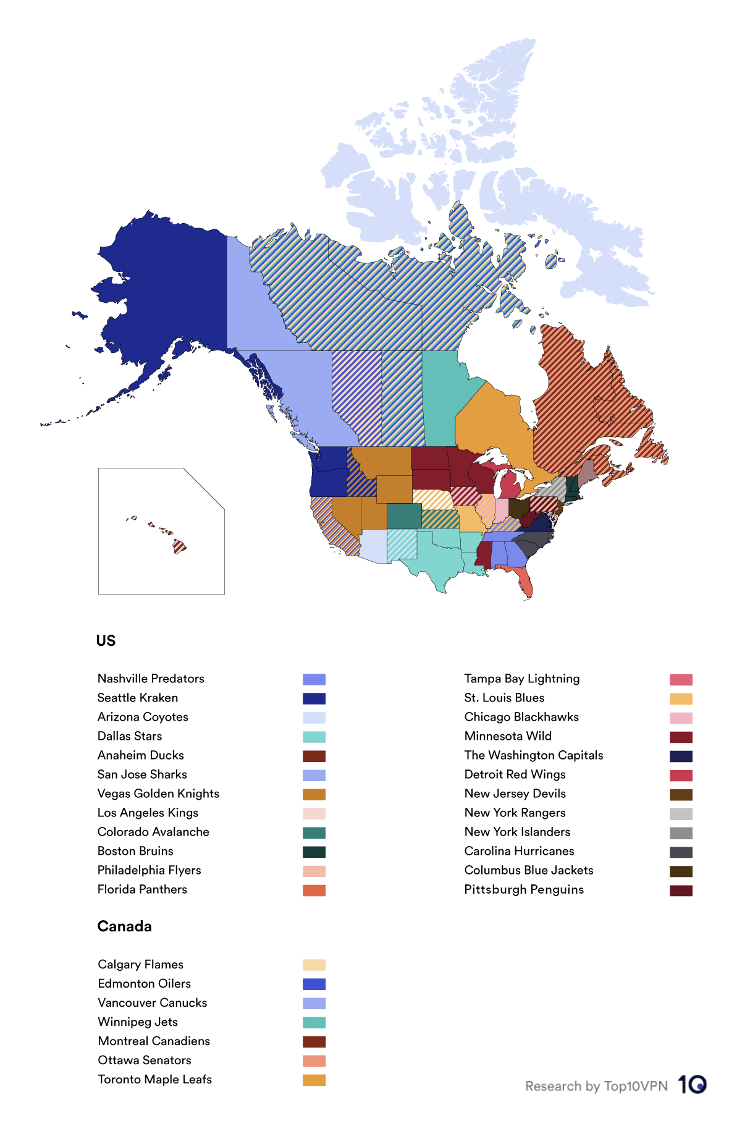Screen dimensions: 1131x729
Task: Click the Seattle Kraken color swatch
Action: (x=314, y=698)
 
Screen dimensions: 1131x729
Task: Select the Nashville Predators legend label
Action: (x=151, y=679)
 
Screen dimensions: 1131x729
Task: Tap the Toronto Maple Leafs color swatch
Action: (x=314, y=1080)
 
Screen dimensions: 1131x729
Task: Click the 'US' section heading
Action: (x=106, y=641)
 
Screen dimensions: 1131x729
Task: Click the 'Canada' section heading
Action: (x=124, y=926)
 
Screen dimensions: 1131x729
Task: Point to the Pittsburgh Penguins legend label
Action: (x=523, y=889)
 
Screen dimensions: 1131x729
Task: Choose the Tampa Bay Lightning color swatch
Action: (x=681, y=680)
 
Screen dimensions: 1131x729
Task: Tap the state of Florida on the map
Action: (x=524, y=581)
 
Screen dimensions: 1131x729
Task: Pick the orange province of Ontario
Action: (x=494, y=426)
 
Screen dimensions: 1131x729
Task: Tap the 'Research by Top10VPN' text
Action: (x=596, y=1087)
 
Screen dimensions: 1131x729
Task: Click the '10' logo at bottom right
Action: (x=693, y=1085)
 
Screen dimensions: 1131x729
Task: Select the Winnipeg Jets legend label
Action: (x=138, y=1022)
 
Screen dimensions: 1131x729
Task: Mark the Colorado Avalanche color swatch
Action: (x=314, y=832)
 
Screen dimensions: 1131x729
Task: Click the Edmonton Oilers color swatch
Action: (x=314, y=984)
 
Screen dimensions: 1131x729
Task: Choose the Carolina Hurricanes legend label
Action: (x=519, y=851)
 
